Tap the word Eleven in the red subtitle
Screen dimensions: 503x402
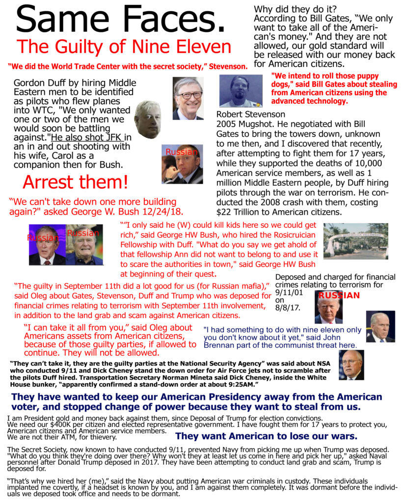point(201,47)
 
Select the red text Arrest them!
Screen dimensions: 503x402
point(75,182)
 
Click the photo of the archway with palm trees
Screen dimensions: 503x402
point(355,241)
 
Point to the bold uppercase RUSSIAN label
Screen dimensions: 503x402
point(339,295)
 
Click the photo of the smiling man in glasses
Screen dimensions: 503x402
point(188,98)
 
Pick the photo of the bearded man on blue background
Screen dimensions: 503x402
point(241,91)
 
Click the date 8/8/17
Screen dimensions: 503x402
point(288,308)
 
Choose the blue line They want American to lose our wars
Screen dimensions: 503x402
point(266,436)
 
